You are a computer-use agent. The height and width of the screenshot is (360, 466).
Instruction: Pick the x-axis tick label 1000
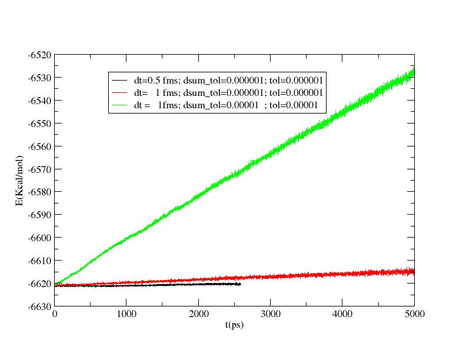pos(127,315)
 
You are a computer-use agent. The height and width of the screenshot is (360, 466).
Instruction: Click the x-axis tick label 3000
pos(271,315)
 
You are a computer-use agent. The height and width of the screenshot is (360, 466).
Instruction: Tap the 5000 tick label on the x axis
pos(414,315)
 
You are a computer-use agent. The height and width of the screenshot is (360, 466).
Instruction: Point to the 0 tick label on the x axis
pos(55,315)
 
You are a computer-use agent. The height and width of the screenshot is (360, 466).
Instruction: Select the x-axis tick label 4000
pos(342,315)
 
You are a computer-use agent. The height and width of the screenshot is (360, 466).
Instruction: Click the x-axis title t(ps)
pos(234,325)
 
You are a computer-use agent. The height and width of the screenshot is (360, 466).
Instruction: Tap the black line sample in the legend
pos(120,80)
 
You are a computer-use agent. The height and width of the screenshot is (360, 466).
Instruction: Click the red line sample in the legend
pos(120,93)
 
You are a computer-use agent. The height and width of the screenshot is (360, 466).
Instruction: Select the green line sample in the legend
pos(120,105)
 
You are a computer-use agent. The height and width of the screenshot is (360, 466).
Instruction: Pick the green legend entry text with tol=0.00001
pos(226,105)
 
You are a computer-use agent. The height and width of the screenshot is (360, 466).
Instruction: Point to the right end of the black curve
pos(240,284)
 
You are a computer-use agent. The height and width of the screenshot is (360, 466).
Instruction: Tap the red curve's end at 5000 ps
pos(414,271)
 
